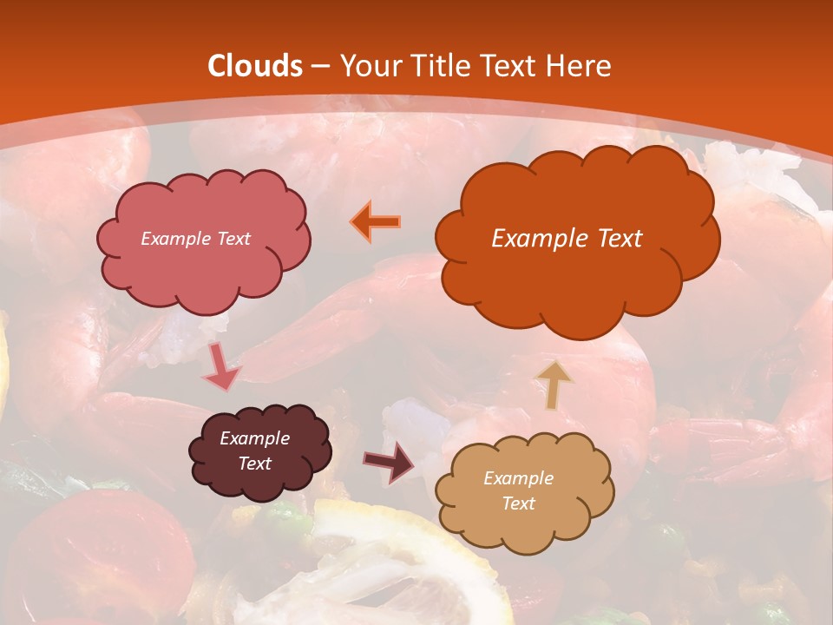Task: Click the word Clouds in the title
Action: (x=255, y=66)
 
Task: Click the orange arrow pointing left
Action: (x=376, y=222)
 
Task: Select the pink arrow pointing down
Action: (x=221, y=368)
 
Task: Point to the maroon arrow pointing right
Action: (x=389, y=462)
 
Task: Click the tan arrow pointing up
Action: (x=554, y=383)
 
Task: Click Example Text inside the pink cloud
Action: (x=195, y=238)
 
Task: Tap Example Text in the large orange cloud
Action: (x=567, y=238)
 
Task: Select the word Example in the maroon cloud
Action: (x=254, y=438)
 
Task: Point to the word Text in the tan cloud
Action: (x=518, y=503)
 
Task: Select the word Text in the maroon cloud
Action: (x=254, y=464)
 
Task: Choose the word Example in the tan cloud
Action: (x=518, y=478)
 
